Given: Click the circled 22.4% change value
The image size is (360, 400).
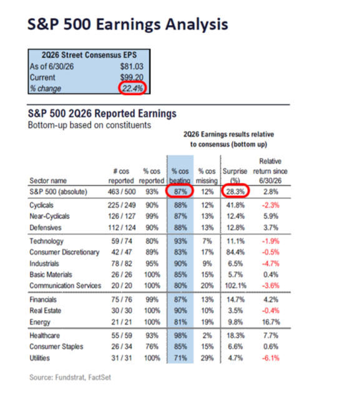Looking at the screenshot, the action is pos(132,89).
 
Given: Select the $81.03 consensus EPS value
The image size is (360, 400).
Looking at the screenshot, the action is pos(132,67).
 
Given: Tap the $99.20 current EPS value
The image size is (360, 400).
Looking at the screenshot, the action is pos(132,77).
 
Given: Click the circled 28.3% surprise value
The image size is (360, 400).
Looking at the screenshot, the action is pos(235,192).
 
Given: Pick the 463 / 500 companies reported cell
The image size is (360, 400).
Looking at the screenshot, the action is pos(122,192).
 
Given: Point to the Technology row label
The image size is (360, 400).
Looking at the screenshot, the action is pos(46,241).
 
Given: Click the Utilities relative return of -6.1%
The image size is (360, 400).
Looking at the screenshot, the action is pos(271,358).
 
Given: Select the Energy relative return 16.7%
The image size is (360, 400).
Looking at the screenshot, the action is pos(271,322).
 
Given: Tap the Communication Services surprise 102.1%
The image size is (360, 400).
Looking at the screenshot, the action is pos(235,286).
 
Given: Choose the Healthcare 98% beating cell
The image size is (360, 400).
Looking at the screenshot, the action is pos(180,336).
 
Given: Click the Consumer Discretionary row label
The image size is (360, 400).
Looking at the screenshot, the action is pos(64,252).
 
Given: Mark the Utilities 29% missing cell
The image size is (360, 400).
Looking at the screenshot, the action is pos(207,358).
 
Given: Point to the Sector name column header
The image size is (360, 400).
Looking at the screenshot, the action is pos(48,180).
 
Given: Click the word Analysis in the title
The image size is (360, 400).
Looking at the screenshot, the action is pos(197,24).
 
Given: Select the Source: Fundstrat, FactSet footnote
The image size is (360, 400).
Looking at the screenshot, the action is pos(70,378).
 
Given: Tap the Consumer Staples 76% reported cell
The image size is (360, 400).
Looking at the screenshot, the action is pos(152,347).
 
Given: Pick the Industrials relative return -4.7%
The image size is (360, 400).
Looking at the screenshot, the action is pos(271,263).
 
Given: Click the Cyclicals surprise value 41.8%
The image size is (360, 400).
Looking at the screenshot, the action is pos(235,205).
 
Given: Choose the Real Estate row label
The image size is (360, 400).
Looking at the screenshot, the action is pos(46,311).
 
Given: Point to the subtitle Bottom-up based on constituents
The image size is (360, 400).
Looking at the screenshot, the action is pos(89,125).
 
